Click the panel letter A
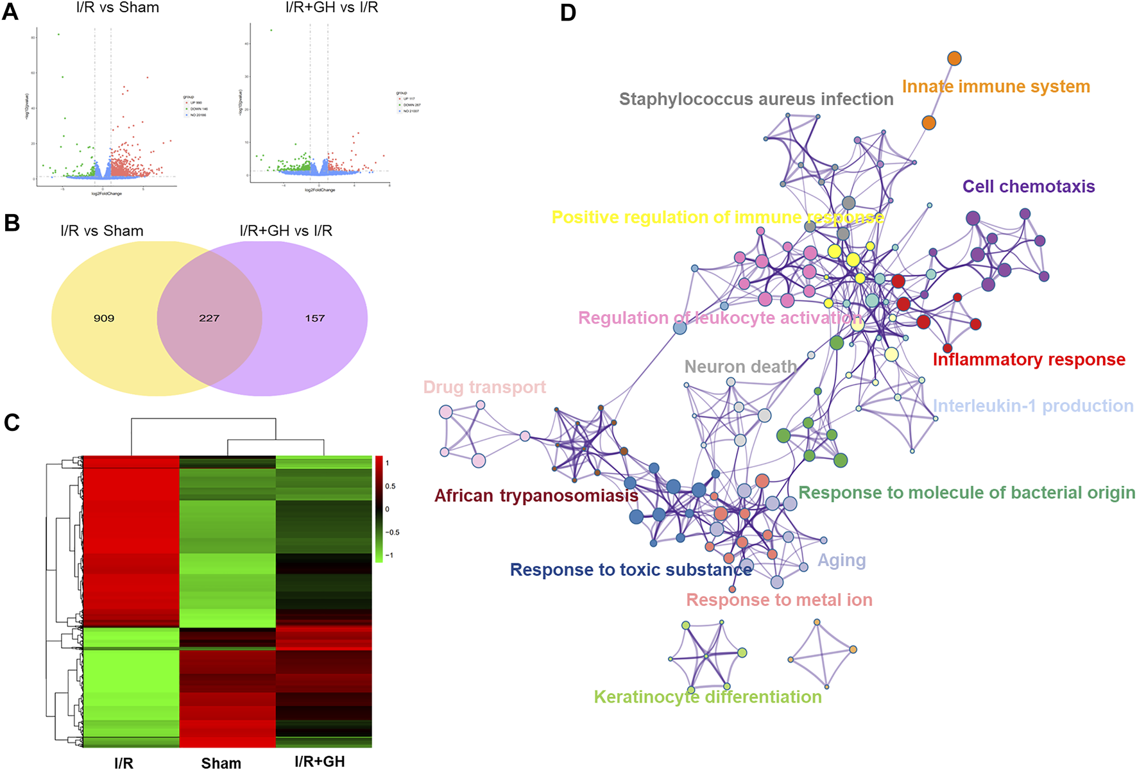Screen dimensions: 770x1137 point(10,11)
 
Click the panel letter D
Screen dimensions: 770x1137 point(568,12)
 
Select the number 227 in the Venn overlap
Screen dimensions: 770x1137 point(209,318)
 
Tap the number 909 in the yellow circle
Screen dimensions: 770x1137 point(104,318)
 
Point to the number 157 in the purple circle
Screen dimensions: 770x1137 point(314,318)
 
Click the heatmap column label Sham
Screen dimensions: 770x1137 point(221,762)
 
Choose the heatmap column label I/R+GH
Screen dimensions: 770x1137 point(320,761)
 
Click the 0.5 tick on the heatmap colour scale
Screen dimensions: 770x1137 point(390,486)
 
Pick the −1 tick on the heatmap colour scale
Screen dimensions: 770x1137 point(389,555)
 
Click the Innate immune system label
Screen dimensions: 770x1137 point(996,87)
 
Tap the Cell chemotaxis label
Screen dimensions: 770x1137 point(1029,187)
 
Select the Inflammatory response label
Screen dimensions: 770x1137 point(1029,360)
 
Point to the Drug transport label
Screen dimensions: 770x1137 point(484,387)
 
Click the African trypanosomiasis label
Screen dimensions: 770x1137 point(536,496)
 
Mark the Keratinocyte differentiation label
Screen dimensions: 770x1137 point(707,697)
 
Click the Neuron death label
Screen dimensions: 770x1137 point(740,367)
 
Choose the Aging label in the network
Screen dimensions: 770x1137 point(841,560)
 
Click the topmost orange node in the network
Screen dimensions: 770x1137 point(954,59)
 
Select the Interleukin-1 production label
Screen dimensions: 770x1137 point(1032,406)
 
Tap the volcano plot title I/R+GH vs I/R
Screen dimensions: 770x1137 point(331,8)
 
